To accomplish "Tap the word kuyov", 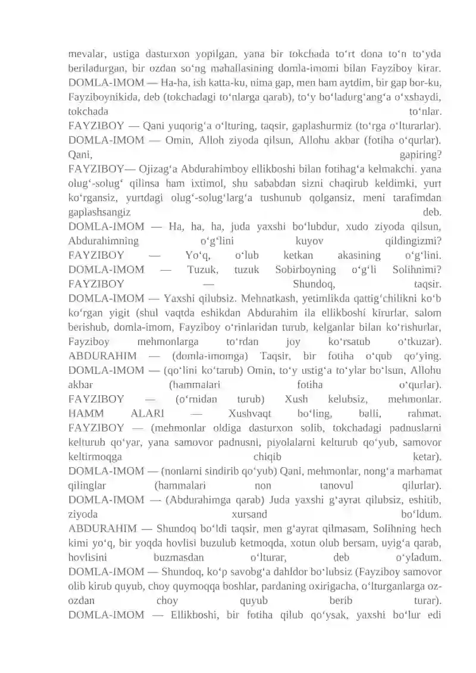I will point(309,242).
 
